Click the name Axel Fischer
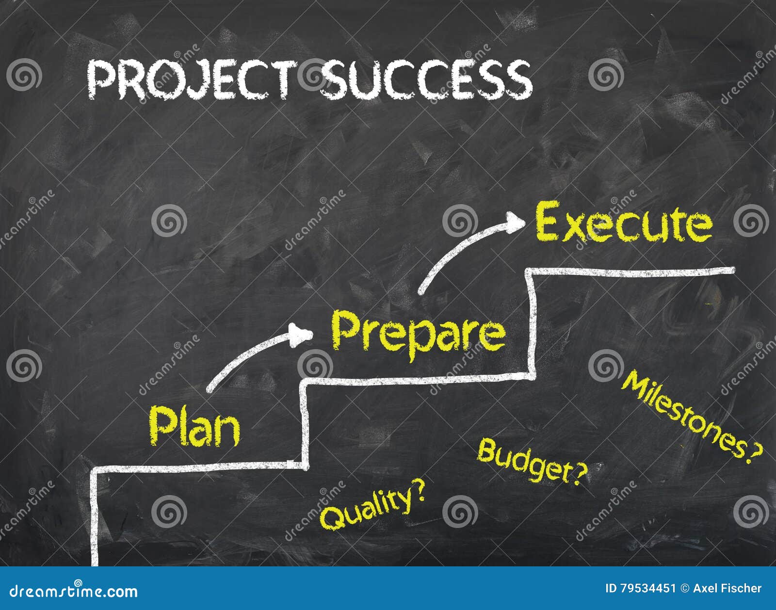[727, 588]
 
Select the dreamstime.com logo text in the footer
[74, 591]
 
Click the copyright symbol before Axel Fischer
[684, 589]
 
